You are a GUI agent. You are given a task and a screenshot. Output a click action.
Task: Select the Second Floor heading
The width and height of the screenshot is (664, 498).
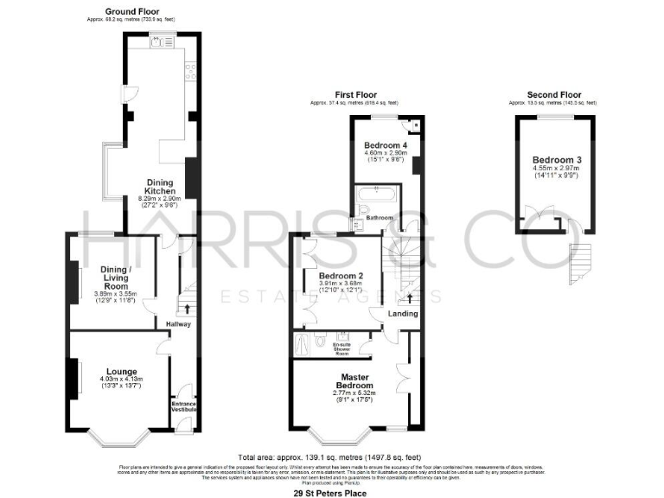(553, 95)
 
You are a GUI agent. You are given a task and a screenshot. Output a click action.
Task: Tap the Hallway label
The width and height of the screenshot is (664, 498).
(179, 324)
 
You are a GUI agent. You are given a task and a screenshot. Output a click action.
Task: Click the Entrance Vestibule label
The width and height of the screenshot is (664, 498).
(184, 406)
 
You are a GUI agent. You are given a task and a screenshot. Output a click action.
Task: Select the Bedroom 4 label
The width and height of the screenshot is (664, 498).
(385, 144)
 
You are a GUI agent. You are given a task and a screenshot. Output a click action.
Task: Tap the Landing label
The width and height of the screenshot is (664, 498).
(403, 313)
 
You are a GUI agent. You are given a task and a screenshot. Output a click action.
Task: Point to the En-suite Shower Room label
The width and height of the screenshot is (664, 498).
(342, 348)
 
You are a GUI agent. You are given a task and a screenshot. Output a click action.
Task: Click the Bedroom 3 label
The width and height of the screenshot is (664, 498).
(552, 160)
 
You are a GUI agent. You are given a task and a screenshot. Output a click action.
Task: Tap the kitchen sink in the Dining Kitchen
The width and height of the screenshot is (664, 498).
(161, 41)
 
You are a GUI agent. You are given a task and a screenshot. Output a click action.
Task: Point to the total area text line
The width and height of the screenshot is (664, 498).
(329, 457)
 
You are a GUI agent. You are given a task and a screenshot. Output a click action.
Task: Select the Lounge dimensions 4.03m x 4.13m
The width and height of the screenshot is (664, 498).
(121, 379)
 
